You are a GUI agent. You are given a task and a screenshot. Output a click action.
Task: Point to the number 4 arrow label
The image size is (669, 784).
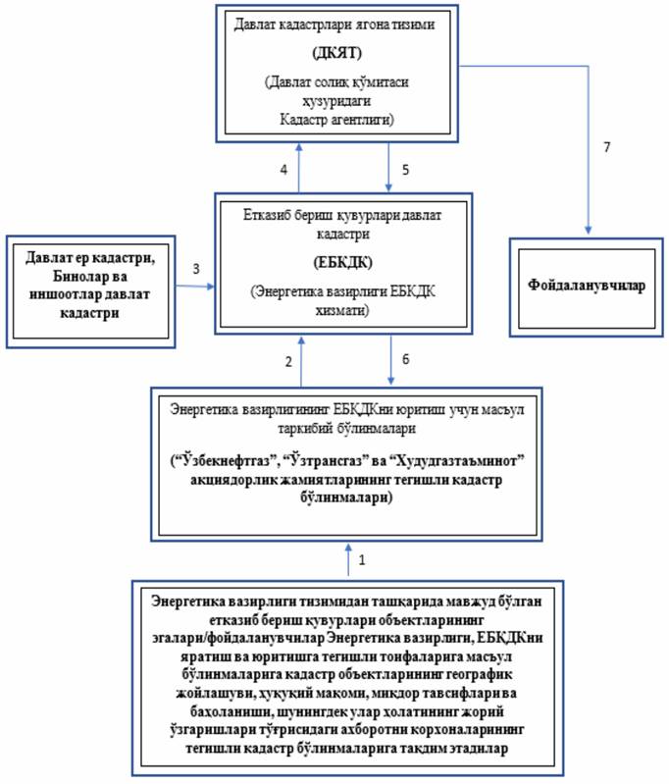(283, 170)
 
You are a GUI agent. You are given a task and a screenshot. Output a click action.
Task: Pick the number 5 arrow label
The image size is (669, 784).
(406, 170)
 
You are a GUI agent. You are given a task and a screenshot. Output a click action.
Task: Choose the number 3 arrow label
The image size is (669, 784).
(197, 269)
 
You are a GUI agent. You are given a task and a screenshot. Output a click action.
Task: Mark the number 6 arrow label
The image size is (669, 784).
(406, 361)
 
